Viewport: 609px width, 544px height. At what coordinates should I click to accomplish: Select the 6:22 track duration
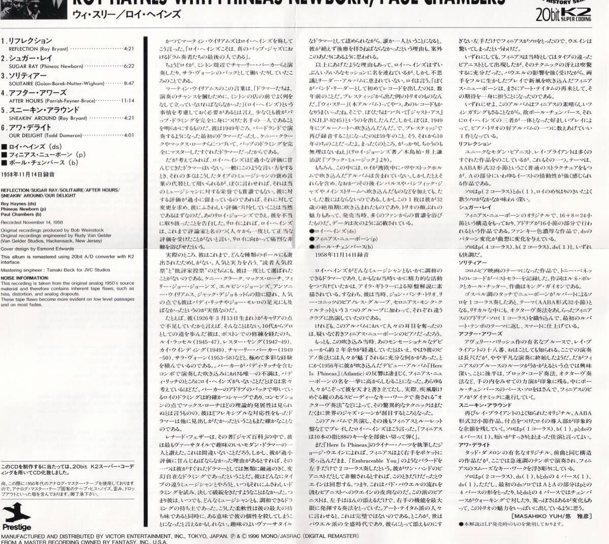click(x=128, y=66)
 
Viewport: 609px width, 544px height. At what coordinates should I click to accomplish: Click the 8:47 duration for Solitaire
click(x=128, y=83)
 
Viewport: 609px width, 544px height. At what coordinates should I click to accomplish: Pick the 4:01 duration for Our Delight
click(x=128, y=135)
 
